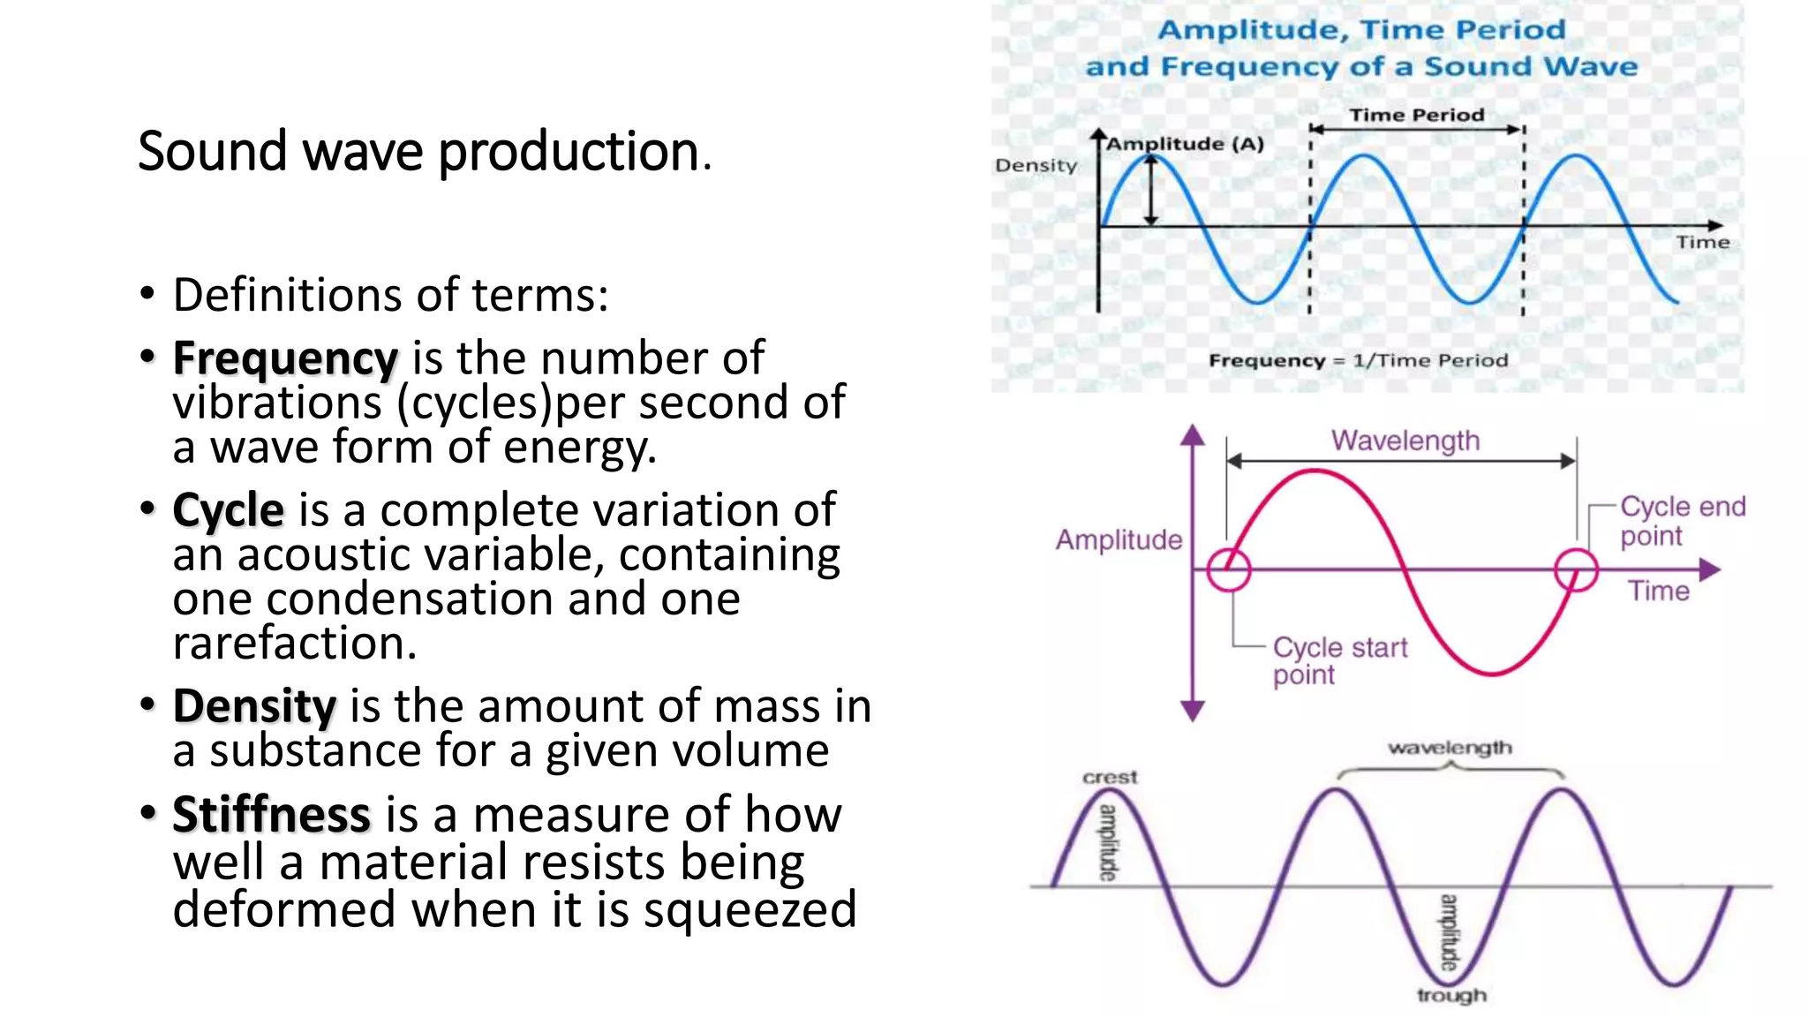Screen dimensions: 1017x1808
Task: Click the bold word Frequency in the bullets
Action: click(284, 358)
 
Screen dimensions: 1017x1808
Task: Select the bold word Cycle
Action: click(228, 510)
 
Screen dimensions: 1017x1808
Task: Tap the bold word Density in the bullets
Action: click(254, 706)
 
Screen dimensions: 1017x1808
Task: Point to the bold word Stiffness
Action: click(271, 814)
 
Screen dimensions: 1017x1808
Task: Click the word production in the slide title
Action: click(569, 152)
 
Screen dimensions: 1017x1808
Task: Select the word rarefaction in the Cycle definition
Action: click(294, 643)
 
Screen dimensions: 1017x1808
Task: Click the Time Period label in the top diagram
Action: click(1416, 115)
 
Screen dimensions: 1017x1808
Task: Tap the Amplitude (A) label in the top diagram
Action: click(1185, 144)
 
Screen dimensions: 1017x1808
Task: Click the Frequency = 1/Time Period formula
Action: click(1358, 360)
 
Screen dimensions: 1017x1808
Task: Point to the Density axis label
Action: click(1036, 165)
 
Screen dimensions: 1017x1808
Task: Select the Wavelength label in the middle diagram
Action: click(1405, 440)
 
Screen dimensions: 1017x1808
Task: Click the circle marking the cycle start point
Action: click(1228, 569)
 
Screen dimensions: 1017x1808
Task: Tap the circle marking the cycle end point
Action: click(1575, 569)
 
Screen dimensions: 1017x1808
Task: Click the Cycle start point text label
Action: click(1338, 660)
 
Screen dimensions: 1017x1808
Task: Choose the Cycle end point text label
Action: click(1681, 521)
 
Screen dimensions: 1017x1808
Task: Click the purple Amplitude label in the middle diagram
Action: click(1119, 539)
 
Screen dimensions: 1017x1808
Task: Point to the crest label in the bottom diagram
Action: click(1110, 777)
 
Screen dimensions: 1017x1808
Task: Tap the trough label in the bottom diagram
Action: click(1451, 995)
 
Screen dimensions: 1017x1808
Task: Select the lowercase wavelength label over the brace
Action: click(1450, 748)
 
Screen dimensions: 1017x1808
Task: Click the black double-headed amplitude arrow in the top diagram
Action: click(1151, 192)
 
